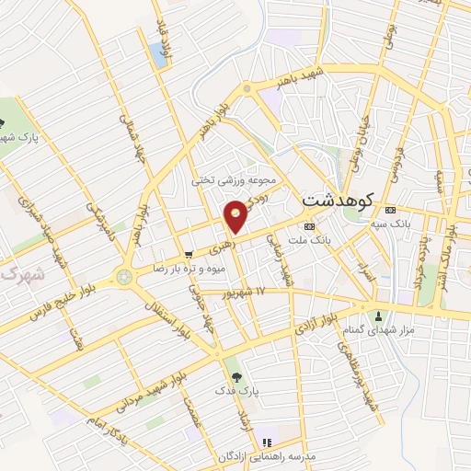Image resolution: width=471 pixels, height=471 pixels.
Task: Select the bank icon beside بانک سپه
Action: coord(391,207)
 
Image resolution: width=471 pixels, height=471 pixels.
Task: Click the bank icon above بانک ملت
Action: coord(308,224)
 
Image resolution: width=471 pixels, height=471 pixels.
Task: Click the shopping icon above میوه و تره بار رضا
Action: coord(189,253)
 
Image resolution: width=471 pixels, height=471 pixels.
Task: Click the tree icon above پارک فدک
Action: coord(236,376)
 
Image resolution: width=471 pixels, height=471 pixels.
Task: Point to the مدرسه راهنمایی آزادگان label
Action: coord(268,457)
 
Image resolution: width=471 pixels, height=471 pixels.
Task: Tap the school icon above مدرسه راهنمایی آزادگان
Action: coord(268,442)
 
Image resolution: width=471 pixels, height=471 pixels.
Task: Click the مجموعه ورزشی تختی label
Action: coord(234,180)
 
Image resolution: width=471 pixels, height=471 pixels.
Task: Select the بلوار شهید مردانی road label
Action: coord(152,387)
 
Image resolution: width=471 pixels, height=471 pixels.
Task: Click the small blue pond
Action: coord(162,54)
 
